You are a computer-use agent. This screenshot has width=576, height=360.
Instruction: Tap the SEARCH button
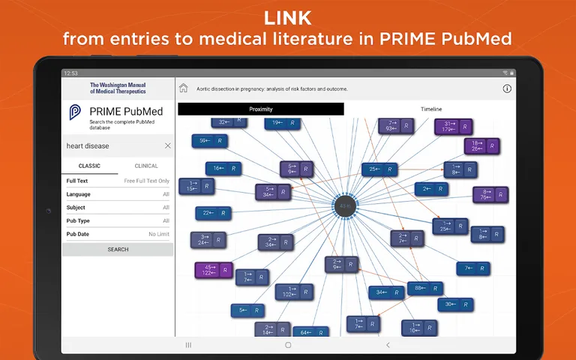coord(118,250)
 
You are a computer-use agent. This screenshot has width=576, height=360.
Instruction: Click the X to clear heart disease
coord(167,145)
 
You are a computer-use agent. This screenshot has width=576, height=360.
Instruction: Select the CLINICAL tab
coord(146,166)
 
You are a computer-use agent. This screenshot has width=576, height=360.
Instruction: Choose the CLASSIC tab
coord(89,166)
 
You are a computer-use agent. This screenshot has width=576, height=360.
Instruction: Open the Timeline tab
coord(430,109)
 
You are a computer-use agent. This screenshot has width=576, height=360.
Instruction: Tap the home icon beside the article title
coord(184,88)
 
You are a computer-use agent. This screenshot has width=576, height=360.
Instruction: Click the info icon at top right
coord(507,88)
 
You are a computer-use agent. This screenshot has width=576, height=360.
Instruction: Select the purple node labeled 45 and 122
coord(213,270)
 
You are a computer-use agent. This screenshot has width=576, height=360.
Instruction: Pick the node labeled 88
coord(424,288)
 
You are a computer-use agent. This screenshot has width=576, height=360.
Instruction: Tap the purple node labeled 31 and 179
coord(454,127)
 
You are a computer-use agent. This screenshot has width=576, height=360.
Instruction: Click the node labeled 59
coord(210,140)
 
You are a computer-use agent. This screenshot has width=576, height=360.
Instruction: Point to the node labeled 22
coord(213,213)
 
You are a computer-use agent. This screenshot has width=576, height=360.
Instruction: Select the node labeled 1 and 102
coord(294,292)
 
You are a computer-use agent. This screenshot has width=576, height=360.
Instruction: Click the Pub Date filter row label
coord(78,234)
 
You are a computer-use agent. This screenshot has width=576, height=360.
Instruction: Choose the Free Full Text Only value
coord(146,181)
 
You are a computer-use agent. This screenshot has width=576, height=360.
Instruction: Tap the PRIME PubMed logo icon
coord(76,113)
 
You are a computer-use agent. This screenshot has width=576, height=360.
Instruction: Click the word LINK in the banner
coord(288,16)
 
